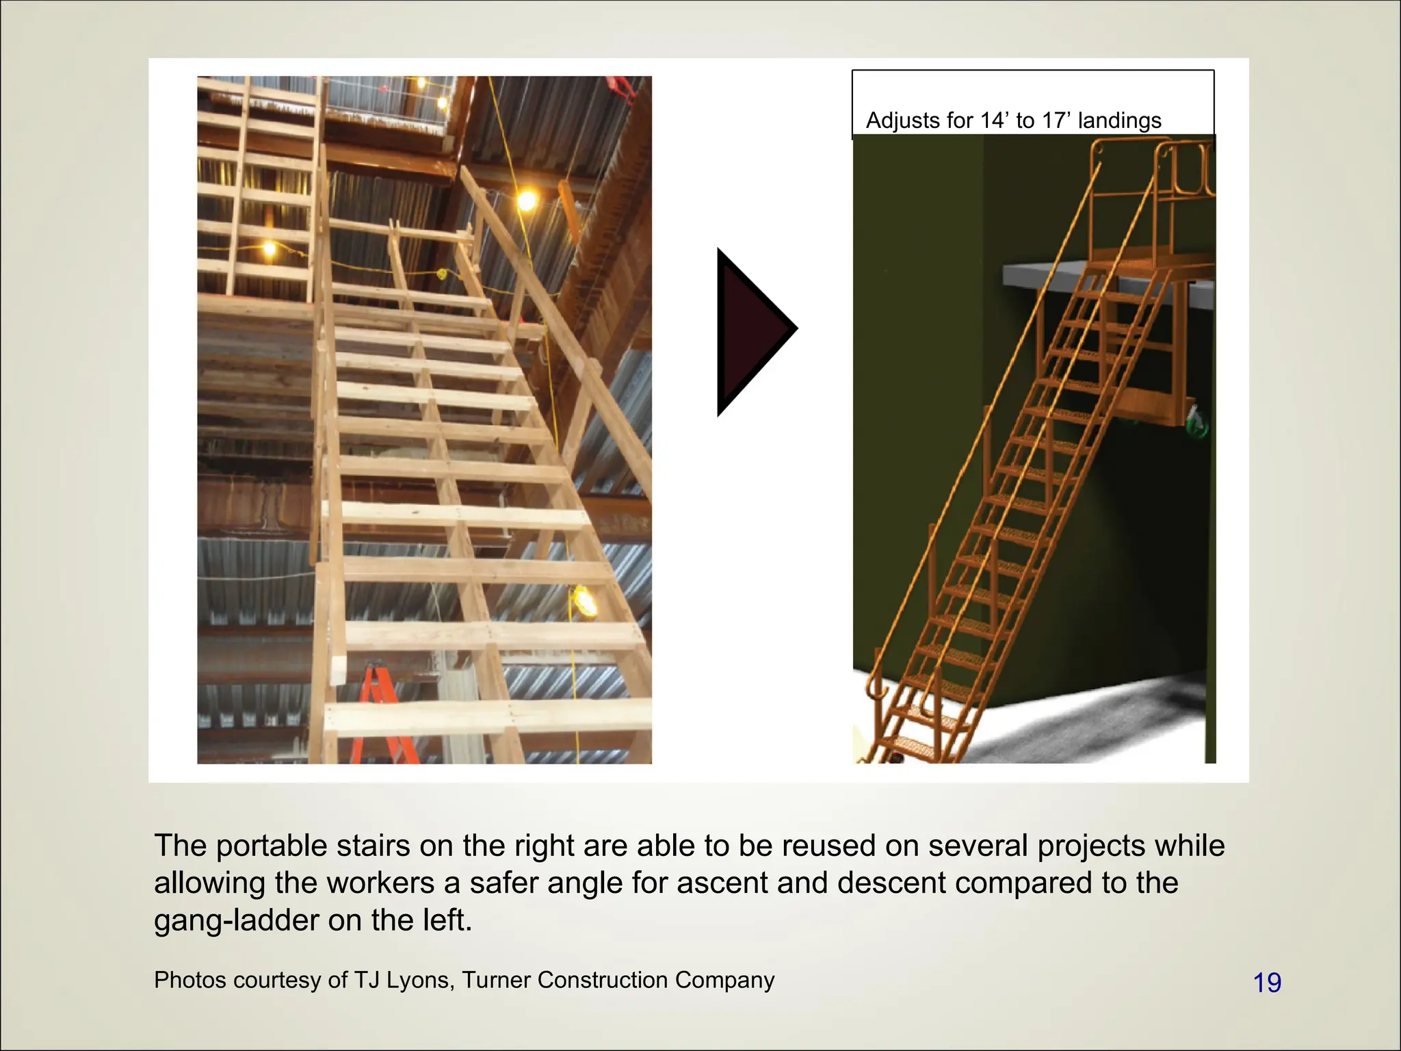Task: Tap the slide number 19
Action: (x=1267, y=983)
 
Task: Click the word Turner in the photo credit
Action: (x=496, y=980)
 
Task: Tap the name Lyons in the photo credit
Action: (x=418, y=980)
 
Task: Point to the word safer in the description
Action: (x=510, y=883)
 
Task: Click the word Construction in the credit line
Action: (x=603, y=980)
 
